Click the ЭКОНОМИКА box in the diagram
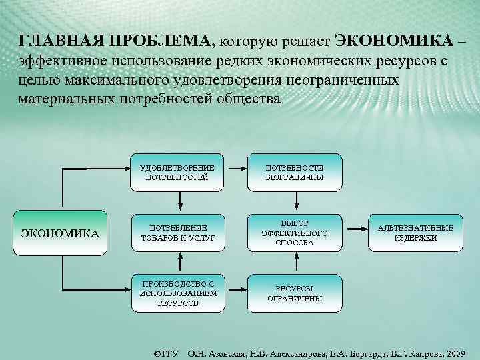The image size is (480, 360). tap(61, 233)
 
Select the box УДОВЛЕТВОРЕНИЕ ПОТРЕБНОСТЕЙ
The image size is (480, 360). tap(177, 173)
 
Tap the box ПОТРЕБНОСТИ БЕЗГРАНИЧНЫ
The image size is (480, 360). tap(295, 173)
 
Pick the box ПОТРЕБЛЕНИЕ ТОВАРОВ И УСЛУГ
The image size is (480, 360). tap(177, 233)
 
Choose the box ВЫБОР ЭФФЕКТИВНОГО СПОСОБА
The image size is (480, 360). tap(295, 233)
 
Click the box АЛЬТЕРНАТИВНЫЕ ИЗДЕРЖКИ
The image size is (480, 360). tap(415, 233)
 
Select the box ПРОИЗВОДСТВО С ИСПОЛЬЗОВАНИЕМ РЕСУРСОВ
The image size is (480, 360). tap(177, 293)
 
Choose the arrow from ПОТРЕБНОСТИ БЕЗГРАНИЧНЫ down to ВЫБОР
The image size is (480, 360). tap(295, 199)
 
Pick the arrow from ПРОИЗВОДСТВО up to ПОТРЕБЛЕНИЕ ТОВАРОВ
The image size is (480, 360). tap(177, 262)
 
